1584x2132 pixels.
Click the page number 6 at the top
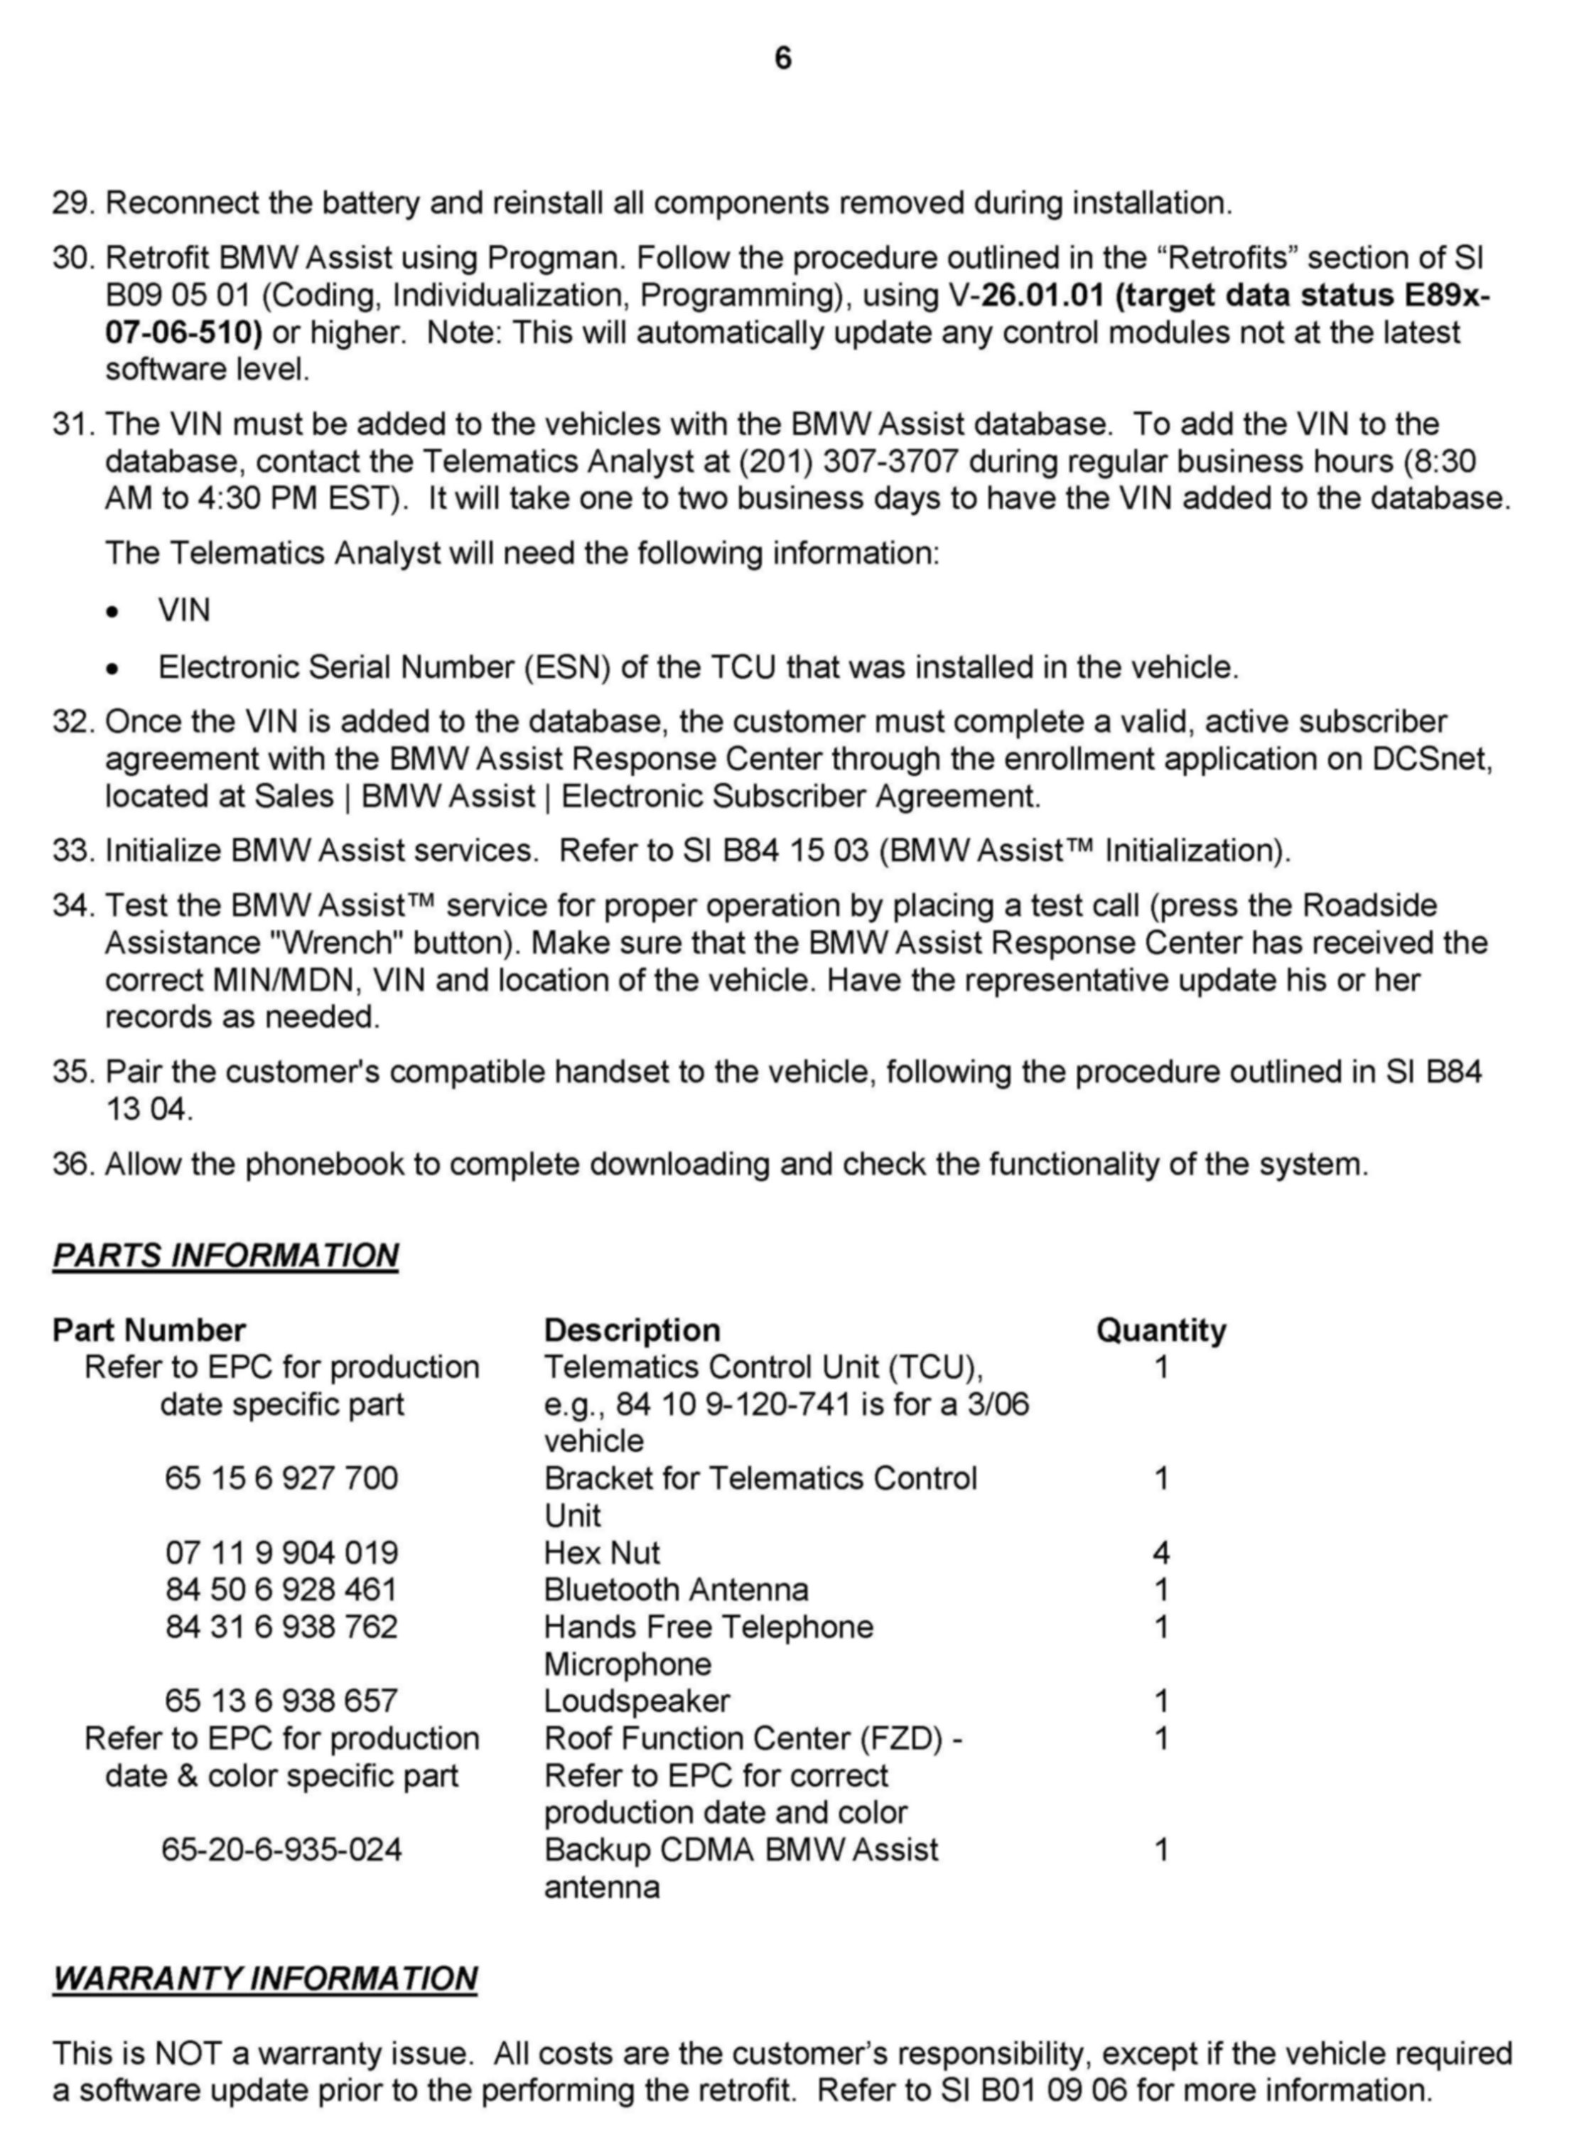[x=782, y=60]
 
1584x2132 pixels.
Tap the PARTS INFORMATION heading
[x=225, y=1255]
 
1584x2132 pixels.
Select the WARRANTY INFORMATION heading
[x=264, y=1978]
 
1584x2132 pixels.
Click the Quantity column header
[x=1160, y=1330]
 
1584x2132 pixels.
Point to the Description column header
[x=632, y=1330]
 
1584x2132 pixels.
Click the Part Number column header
[x=149, y=1330]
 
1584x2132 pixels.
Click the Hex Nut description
[x=602, y=1552]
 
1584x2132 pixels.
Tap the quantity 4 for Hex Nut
[x=1161, y=1552]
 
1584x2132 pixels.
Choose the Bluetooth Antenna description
[x=676, y=1590]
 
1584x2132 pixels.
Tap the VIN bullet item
[x=184, y=610]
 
